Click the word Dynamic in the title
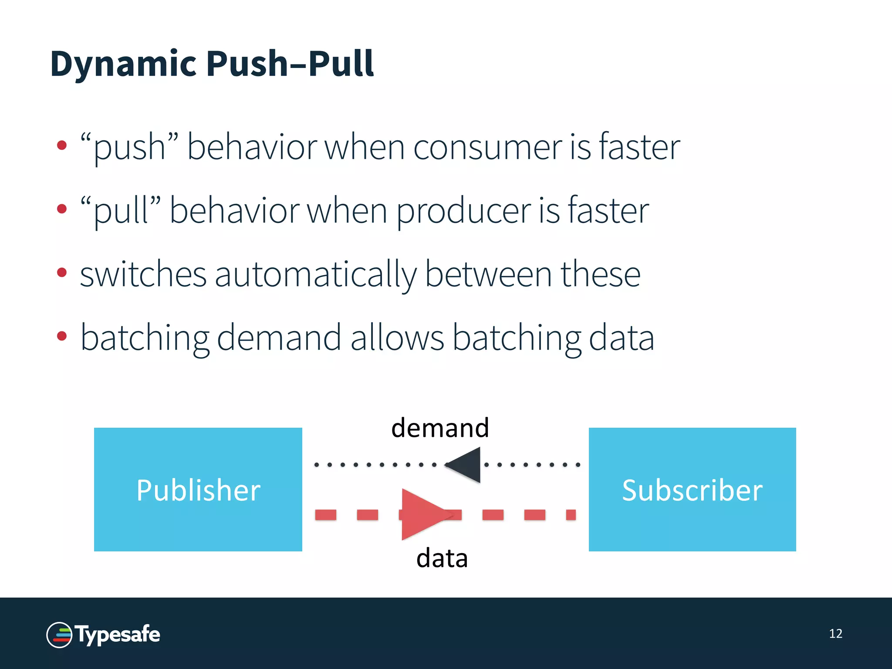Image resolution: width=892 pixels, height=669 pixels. point(123,64)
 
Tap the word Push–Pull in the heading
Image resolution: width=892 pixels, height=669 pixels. point(290,64)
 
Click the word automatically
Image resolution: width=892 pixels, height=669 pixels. point(315,274)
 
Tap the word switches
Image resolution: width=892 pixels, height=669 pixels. point(143,274)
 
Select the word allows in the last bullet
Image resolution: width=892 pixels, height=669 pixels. point(397,338)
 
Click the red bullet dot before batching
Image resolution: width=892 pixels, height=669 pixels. point(62,336)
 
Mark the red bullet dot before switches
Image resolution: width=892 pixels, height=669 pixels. point(62,273)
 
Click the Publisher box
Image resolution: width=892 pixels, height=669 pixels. point(198,490)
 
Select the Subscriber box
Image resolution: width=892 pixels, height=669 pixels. point(692,490)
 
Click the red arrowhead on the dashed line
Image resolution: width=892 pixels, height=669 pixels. point(420,514)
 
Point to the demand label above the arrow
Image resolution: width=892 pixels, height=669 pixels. point(440,428)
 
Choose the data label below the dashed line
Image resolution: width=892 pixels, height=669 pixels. point(442,558)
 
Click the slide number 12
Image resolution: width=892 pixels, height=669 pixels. point(835,633)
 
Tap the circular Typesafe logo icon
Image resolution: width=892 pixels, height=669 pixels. point(59,635)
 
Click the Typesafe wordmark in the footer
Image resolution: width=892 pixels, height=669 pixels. point(118,635)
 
